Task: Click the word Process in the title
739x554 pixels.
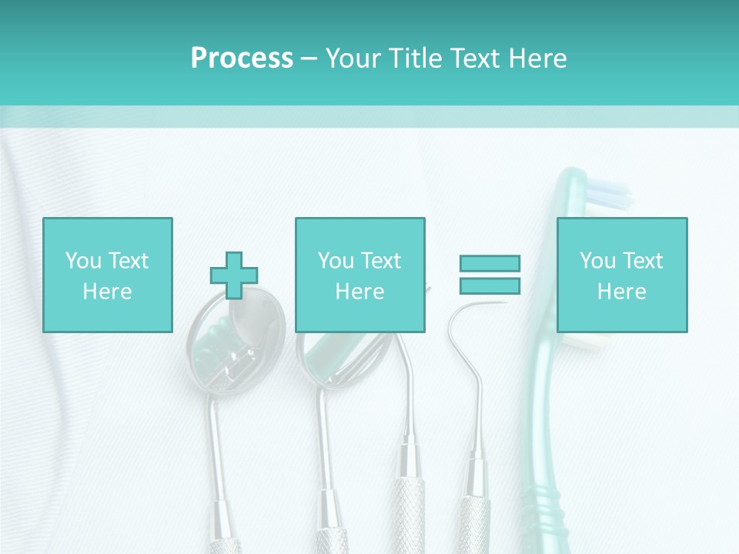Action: pos(242,58)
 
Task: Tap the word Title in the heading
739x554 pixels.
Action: pos(413,58)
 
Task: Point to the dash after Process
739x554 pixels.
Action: pos(309,59)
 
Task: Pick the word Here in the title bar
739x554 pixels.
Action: pos(537,58)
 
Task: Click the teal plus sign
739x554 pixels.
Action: pos(234,275)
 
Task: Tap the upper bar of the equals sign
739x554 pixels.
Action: pos(490,263)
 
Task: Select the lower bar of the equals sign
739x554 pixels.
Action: pos(490,285)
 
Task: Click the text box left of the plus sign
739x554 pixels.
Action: pos(107,275)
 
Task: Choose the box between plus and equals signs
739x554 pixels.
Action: pos(359,275)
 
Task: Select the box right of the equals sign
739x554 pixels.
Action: pos(621,275)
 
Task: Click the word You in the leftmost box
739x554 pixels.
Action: pos(83,261)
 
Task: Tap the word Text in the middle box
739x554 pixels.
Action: pos(381,261)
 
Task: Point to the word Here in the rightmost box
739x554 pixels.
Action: pos(621,292)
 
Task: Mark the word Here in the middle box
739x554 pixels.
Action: pos(359,292)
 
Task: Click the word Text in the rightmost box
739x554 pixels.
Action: pos(643,261)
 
